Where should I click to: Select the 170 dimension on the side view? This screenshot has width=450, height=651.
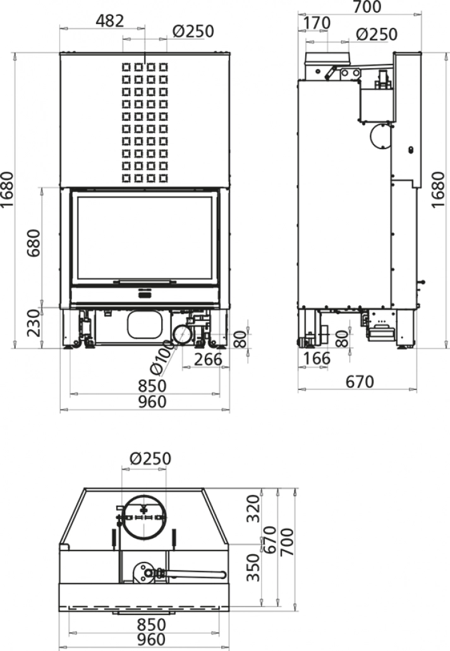point(316,23)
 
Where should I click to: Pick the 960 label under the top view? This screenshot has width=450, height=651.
point(147,640)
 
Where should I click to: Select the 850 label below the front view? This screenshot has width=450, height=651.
point(147,386)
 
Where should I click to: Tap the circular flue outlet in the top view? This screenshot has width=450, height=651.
point(145,515)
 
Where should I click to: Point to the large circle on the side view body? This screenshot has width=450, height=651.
point(380,135)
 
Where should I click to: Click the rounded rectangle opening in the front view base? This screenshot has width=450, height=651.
point(145,325)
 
